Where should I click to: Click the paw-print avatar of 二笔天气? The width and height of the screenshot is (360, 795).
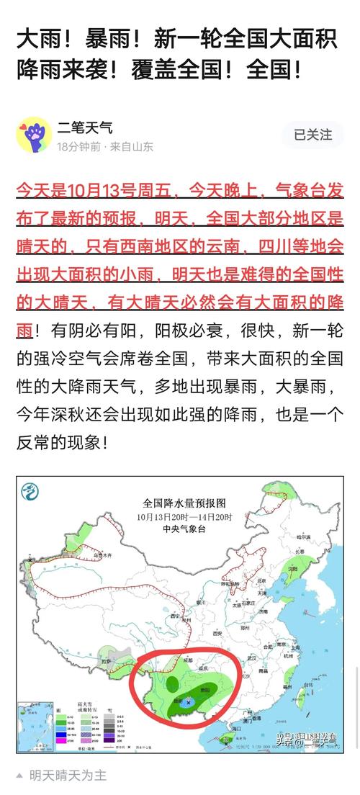coord(33,135)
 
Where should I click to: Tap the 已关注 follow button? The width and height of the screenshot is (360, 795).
coord(312,135)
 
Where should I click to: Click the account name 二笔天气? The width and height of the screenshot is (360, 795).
coord(85,128)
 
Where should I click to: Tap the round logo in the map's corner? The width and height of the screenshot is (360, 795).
coord(30,492)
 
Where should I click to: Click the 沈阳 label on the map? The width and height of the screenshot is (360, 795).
coord(292,568)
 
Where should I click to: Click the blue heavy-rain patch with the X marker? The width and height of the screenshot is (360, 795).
coord(189,700)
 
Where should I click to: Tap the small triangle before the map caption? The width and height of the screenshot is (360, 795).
coord(19,776)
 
